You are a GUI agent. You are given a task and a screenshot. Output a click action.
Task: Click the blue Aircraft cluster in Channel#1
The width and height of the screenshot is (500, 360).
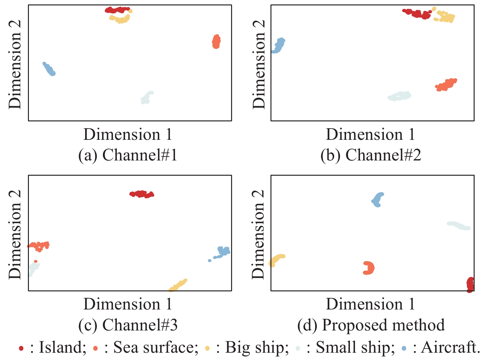[49, 69]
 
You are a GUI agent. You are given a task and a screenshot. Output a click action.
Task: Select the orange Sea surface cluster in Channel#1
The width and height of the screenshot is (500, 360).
[216, 42]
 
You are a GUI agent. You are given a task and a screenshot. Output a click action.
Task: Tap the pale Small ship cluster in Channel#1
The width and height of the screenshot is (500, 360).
[146, 97]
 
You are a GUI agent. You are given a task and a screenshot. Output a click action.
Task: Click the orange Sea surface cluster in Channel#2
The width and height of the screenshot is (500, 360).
[446, 85]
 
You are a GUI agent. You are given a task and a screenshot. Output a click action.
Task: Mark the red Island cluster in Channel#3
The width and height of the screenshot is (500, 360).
[142, 194]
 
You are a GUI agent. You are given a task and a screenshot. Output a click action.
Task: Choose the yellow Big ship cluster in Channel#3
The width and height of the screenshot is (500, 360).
[178, 285]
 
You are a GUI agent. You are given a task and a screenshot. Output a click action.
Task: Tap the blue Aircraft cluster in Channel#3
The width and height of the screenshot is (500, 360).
[223, 252]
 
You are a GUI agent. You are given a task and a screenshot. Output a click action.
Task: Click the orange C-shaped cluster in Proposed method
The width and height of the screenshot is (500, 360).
[369, 268]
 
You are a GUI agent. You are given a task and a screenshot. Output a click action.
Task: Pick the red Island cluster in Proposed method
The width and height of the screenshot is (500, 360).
[470, 284]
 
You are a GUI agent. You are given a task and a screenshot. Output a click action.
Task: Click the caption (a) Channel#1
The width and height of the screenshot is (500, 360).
[128, 155]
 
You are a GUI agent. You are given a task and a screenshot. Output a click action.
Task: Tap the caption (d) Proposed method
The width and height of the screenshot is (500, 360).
[371, 325]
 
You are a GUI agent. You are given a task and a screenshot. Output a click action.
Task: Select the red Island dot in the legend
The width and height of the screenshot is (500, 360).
[21, 348]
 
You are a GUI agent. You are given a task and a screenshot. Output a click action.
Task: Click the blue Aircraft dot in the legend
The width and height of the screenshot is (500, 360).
[404, 348]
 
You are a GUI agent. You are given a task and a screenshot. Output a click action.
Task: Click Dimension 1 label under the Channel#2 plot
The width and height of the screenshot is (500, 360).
[370, 134]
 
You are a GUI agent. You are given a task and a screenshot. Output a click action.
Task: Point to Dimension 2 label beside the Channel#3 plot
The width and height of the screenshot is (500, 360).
[15, 234]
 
